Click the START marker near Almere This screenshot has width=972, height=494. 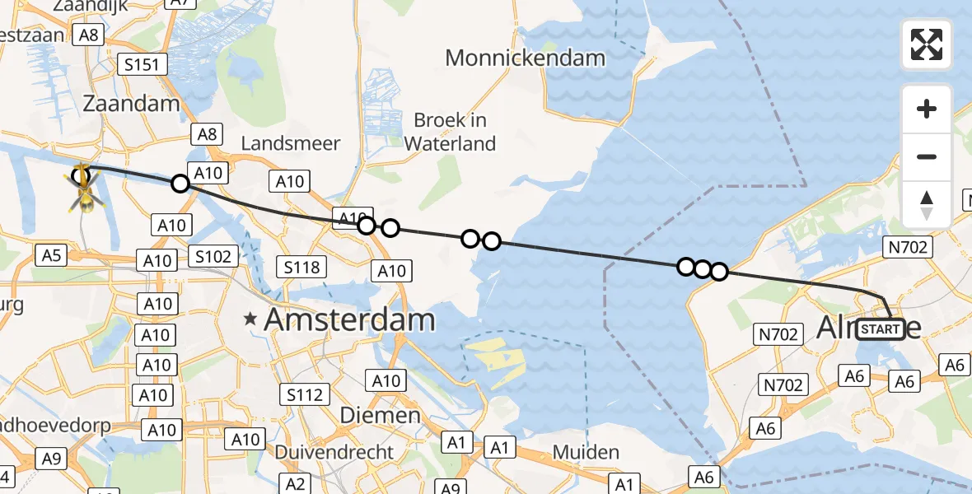[x=880, y=329]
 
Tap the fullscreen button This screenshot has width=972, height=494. [x=927, y=44]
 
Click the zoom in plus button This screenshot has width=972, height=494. [x=927, y=109]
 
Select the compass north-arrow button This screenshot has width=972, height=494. [x=927, y=205]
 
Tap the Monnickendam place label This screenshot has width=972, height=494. [x=525, y=58]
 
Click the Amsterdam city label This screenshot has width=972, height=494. [x=349, y=320]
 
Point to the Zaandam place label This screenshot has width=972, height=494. [x=131, y=104]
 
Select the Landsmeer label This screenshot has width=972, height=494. [x=290, y=143]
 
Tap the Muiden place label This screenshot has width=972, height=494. [x=586, y=452]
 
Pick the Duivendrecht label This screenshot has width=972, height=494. [x=334, y=452]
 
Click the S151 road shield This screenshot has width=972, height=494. [x=143, y=65]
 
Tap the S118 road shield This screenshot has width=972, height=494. [x=302, y=266]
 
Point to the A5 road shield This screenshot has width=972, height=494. [x=51, y=255]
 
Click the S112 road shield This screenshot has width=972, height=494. [x=306, y=395]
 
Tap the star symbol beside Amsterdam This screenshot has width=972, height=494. [x=251, y=319]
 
